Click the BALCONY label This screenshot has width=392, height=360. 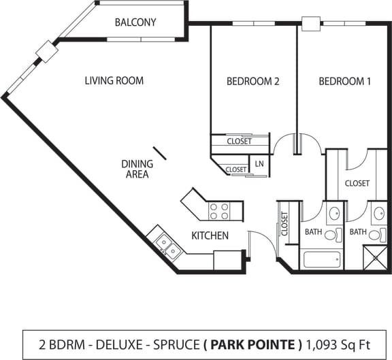(x=135, y=22)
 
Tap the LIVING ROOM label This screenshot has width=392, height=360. (x=114, y=80)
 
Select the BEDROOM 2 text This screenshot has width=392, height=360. (x=253, y=81)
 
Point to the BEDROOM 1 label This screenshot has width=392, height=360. (x=345, y=81)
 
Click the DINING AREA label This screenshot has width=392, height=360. (x=136, y=169)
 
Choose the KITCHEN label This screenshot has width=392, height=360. (x=210, y=236)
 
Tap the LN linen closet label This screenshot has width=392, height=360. (x=259, y=164)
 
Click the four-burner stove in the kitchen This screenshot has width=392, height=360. (x=218, y=212)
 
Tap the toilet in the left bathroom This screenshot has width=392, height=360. (x=333, y=235)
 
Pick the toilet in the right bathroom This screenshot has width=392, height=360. (x=382, y=235)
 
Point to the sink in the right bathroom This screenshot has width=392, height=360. (x=378, y=214)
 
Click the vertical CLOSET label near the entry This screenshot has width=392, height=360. (x=285, y=225)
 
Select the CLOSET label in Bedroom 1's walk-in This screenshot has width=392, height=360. (x=357, y=183)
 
